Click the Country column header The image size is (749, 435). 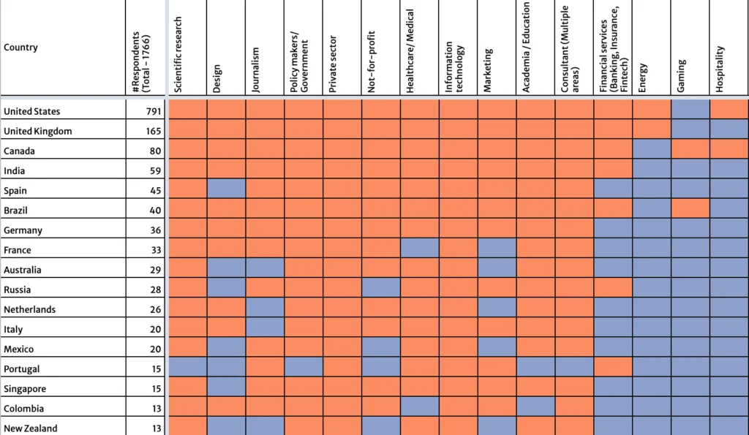coord(21,48)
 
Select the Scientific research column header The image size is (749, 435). coord(178,55)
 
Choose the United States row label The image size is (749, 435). coord(32,112)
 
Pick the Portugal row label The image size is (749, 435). coord(22,369)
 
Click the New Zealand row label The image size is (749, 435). coord(31,428)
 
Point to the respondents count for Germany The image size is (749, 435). coord(156,230)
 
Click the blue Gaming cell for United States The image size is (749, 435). coord(690,109)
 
